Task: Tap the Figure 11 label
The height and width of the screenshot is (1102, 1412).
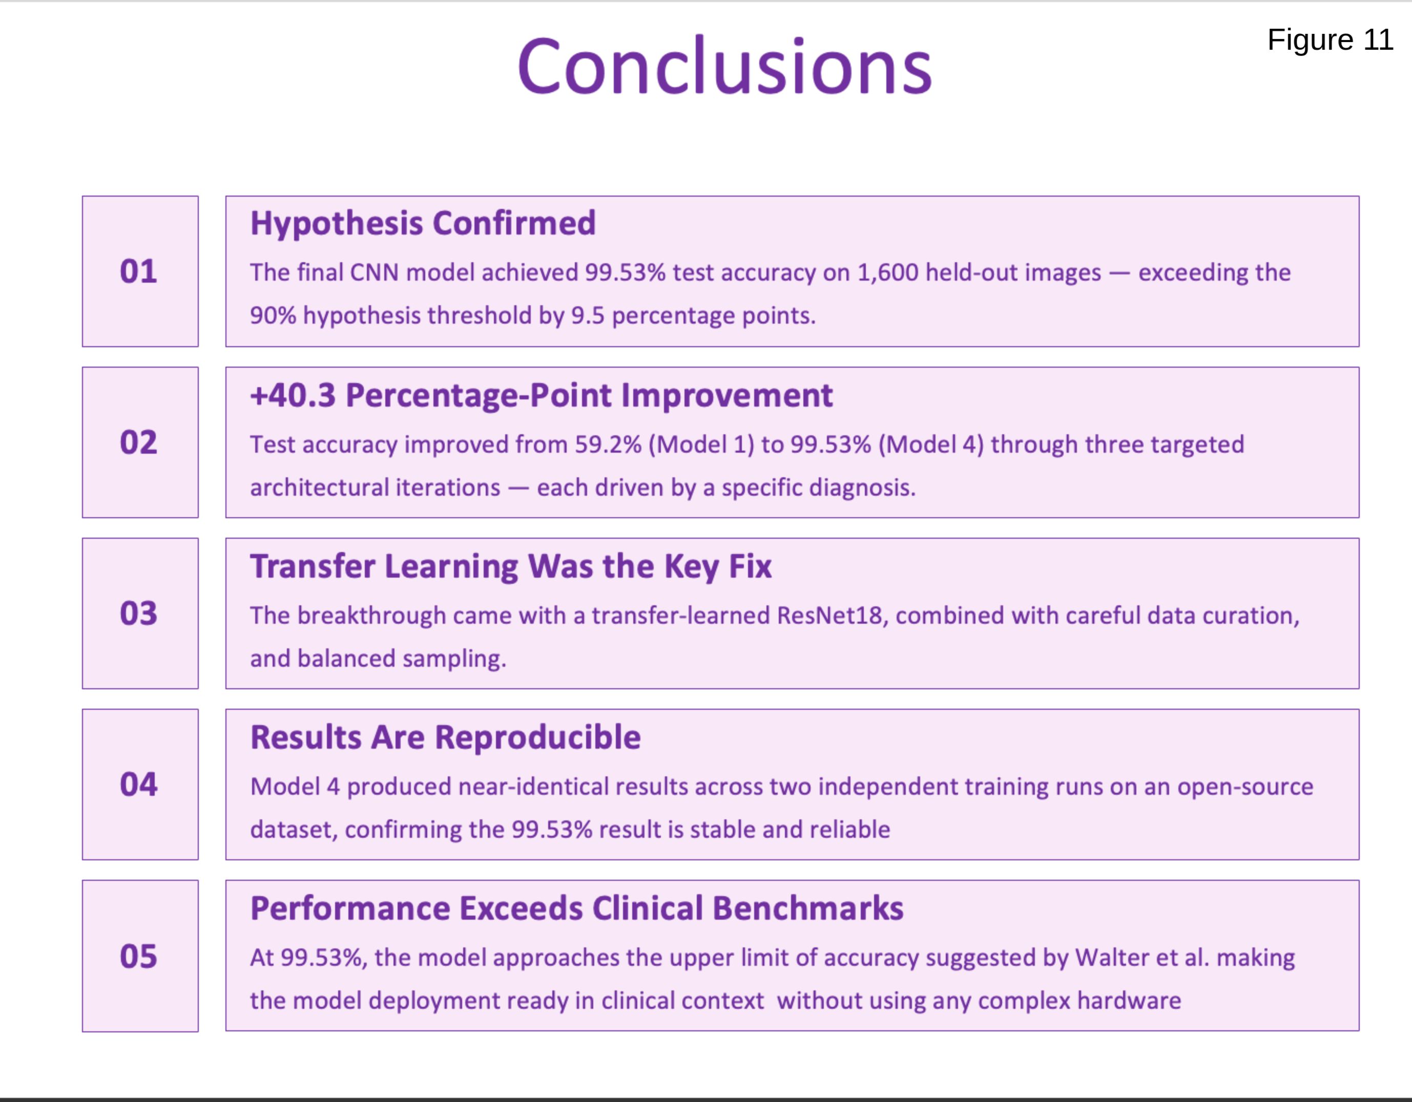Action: click(x=1330, y=40)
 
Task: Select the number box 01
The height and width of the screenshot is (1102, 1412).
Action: click(x=140, y=271)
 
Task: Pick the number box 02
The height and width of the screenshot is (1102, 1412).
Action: click(x=140, y=443)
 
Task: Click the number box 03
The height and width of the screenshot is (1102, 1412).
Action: click(x=140, y=613)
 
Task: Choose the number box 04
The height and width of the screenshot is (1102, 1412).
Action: click(x=140, y=785)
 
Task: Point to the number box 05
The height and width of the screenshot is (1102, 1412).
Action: click(x=140, y=956)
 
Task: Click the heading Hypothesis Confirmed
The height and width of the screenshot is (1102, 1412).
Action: click(x=423, y=224)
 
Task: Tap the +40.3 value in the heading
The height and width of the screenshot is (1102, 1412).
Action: click(x=293, y=395)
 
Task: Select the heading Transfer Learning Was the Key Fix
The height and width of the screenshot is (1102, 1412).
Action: click(x=511, y=567)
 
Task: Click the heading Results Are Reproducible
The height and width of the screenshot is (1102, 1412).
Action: click(x=445, y=737)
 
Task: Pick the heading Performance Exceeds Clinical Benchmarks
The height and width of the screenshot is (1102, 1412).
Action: click(x=577, y=909)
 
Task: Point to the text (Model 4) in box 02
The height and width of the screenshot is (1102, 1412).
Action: click(x=931, y=444)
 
